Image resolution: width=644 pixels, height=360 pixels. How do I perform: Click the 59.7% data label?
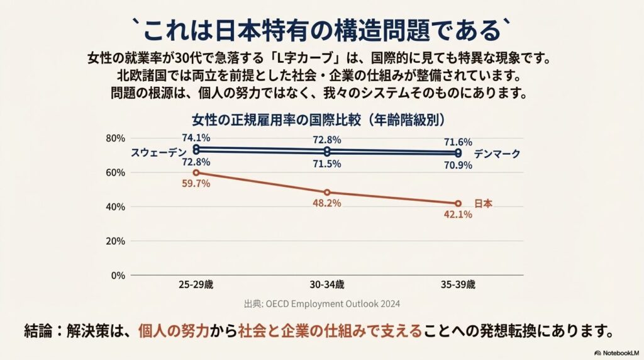tap(196, 184)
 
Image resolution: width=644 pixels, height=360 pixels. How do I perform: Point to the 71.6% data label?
tap(458, 142)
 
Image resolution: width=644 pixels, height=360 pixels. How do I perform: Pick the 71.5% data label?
tap(327, 164)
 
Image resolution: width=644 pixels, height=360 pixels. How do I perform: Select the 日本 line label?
tap(483, 203)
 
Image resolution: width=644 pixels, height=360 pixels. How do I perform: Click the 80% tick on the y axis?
tap(116, 138)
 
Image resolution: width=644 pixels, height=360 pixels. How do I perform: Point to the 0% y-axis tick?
tap(118, 276)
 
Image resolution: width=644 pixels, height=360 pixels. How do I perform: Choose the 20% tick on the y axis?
tap(116, 241)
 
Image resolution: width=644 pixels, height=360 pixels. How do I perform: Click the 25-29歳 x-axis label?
tap(196, 284)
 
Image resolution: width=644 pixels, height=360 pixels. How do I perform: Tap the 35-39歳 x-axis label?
tap(458, 284)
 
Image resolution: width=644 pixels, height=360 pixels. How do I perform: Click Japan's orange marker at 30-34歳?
tap(327, 193)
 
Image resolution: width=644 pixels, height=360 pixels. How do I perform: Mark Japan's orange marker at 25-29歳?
tap(196, 172)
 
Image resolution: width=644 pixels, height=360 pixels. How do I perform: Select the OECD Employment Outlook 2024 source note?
tap(322, 303)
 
